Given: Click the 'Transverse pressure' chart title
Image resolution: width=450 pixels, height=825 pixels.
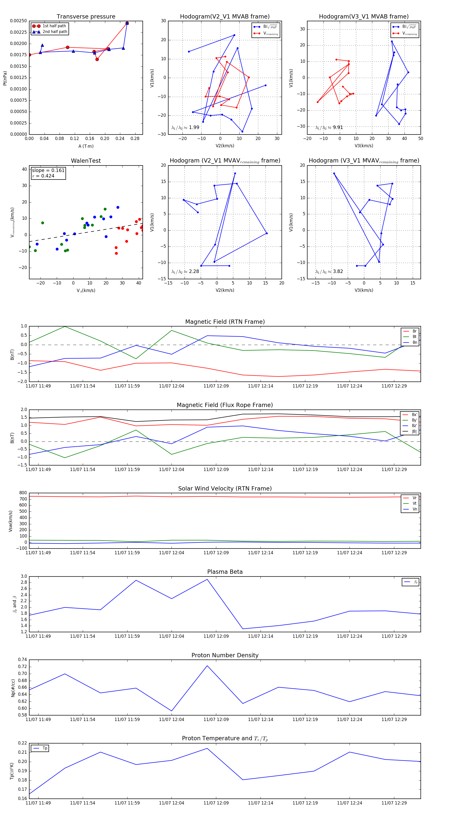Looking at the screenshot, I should [86, 17].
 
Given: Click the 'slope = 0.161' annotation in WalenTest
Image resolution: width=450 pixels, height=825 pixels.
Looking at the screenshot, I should [48, 170].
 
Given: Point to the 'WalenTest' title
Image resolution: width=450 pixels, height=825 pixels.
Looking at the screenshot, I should [86, 161].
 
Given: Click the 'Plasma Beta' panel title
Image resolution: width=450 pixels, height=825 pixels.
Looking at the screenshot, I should [225, 572].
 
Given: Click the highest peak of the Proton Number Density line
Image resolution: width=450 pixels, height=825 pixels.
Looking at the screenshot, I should [207, 666].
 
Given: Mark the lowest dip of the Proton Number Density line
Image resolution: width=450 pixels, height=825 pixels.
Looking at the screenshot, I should [172, 711].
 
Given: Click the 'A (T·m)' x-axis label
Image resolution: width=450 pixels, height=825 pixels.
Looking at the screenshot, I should [86, 146].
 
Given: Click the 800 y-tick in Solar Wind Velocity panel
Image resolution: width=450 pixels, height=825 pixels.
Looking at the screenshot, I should [23, 493].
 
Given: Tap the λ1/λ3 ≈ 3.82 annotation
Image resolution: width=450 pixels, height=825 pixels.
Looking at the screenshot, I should [329, 271].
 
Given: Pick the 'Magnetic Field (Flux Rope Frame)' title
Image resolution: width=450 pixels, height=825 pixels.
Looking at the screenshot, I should [225, 405].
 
